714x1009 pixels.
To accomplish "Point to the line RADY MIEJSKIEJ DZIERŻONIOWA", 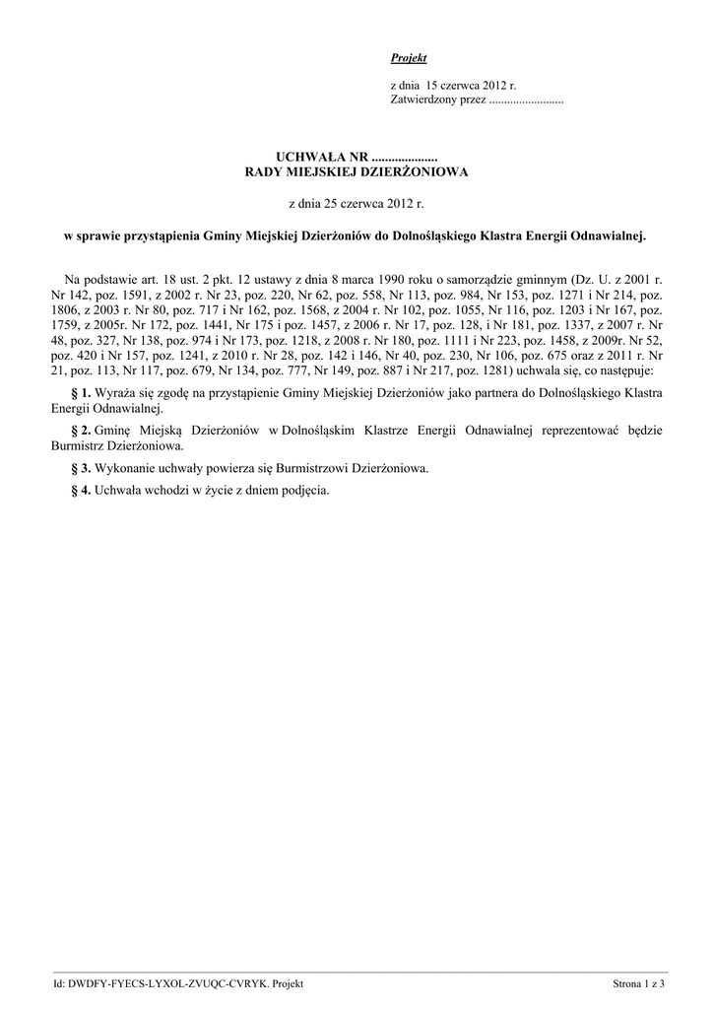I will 357,171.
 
